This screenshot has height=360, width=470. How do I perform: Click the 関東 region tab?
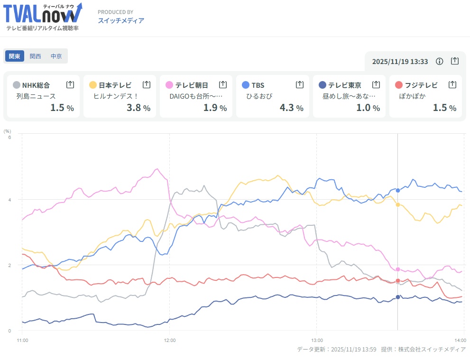pyautogui.click(x=14, y=56)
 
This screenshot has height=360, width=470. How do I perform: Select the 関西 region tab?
pyautogui.click(x=36, y=56)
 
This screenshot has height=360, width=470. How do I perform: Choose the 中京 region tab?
pyautogui.click(x=56, y=56)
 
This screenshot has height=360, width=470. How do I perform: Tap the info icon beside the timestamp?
pyautogui.click(x=440, y=61)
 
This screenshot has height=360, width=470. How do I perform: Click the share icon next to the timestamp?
pyautogui.click(x=455, y=61)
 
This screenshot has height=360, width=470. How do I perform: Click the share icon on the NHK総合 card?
pyautogui.click(x=70, y=84)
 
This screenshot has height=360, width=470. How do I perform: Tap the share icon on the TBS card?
pyautogui.click(x=300, y=84)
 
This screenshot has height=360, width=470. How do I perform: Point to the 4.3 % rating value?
pyautogui.click(x=291, y=108)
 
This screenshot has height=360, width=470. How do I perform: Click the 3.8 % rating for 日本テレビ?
pyautogui.click(x=138, y=108)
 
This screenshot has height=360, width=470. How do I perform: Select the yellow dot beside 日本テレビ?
pyautogui.click(x=93, y=85)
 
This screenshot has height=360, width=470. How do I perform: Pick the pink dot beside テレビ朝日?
pyautogui.click(x=169, y=85)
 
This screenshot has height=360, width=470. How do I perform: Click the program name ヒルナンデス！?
pyautogui.click(x=114, y=96)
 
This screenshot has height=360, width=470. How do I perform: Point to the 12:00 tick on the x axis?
pyautogui.click(x=169, y=340)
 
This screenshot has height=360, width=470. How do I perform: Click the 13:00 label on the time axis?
pyautogui.click(x=316, y=340)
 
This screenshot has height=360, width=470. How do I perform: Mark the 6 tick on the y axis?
pyautogui.click(x=9, y=137)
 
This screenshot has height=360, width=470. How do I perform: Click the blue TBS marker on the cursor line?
pyautogui.click(x=398, y=190)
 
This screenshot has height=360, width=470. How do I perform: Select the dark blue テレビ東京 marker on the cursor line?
pyautogui.click(x=398, y=297)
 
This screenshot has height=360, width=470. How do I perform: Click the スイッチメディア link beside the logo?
pyautogui.click(x=121, y=20)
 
